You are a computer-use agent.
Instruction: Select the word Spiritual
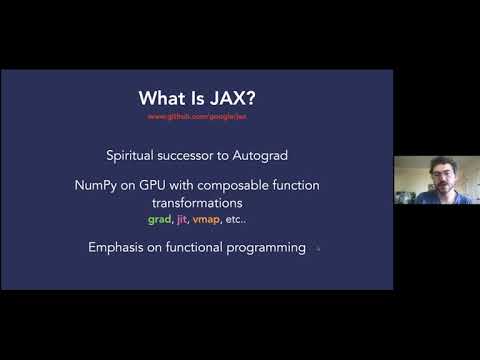[135, 156]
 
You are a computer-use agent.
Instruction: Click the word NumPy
[126, 186]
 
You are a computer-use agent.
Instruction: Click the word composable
[260, 186]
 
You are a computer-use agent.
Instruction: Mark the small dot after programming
[318, 249]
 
